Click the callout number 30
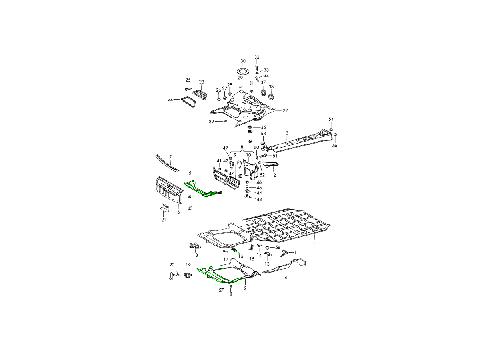(243, 61)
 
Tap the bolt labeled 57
(231, 290)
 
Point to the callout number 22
(285, 111)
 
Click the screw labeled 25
(188, 89)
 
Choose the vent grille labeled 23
(200, 95)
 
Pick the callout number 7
(170, 157)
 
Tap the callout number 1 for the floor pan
(314, 243)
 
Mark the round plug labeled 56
(267, 248)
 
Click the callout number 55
(335, 146)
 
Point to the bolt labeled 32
(257, 67)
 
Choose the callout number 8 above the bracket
(242, 147)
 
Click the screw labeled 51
(263, 156)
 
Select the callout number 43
(259, 199)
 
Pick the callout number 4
(286, 277)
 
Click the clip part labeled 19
(188, 275)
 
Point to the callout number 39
(211, 122)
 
